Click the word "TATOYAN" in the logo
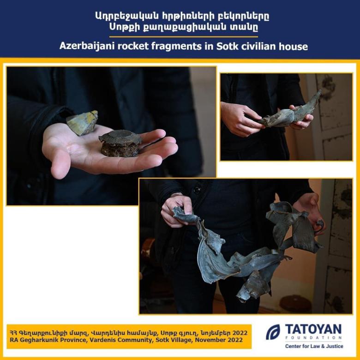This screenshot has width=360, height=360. (x=313, y=329)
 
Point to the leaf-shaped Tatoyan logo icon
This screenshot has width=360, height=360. (x=273, y=332)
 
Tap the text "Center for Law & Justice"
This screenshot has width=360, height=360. (x=314, y=346)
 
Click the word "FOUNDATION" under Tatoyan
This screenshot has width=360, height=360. (x=313, y=338)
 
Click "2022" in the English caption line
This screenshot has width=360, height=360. (x=235, y=340)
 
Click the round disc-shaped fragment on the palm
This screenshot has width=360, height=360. (x=120, y=143)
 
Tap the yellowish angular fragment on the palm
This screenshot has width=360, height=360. (x=82, y=123)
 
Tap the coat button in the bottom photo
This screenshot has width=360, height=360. (x=197, y=190)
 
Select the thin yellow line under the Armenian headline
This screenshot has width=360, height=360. (x=183, y=37)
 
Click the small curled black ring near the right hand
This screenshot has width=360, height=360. (x=319, y=225)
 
